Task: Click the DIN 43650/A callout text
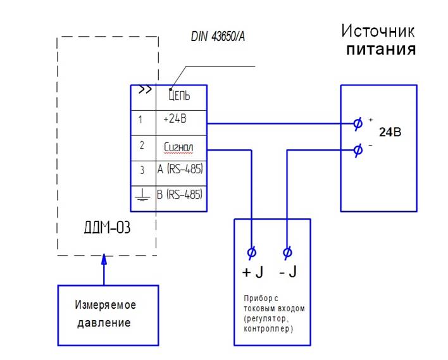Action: click(x=218, y=37)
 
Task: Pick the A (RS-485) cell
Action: click(x=181, y=170)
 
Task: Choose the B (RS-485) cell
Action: click(x=181, y=194)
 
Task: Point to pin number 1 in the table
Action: click(x=141, y=118)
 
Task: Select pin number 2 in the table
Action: click(x=142, y=146)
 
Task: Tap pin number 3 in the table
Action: click(x=142, y=170)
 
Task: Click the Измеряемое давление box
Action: click(x=108, y=314)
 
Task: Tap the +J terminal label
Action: click(x=252, y=273)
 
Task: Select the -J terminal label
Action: click(x=287, y=273)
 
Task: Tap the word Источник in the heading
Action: click(x=378, y=30)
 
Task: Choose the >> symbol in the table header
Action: click(x=145, y=90)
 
